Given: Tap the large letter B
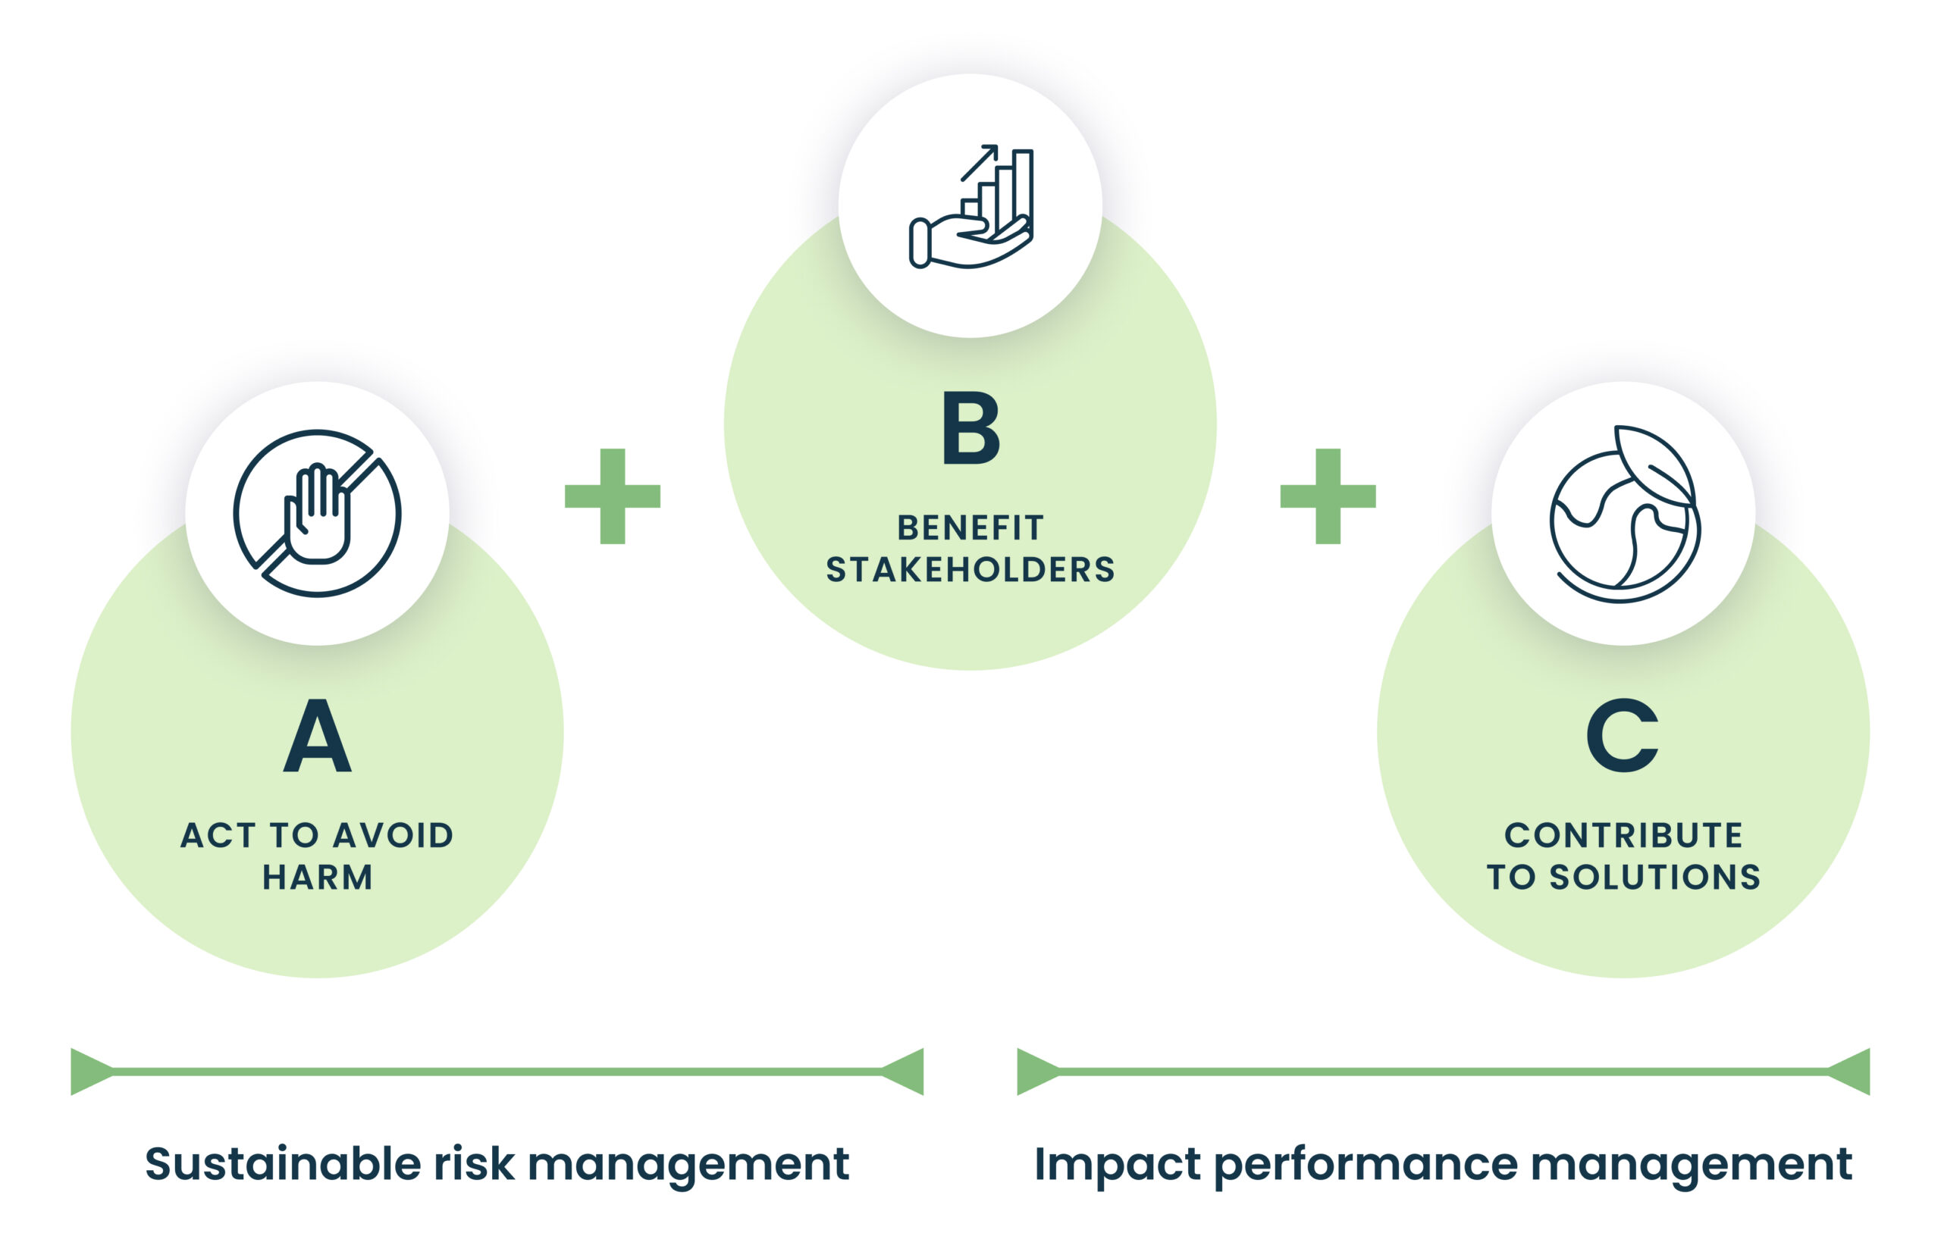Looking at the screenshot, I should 970,427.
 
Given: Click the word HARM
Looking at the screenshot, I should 317,878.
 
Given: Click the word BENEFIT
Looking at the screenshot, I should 970,527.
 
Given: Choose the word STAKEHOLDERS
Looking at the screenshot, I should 970,569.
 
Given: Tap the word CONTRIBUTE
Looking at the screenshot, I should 1623,836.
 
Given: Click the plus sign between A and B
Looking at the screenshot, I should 613,496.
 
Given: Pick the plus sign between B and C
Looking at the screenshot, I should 1328,496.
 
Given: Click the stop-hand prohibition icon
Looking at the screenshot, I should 317,514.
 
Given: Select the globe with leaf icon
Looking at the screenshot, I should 1624,515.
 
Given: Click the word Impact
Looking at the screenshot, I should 1117,1163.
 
